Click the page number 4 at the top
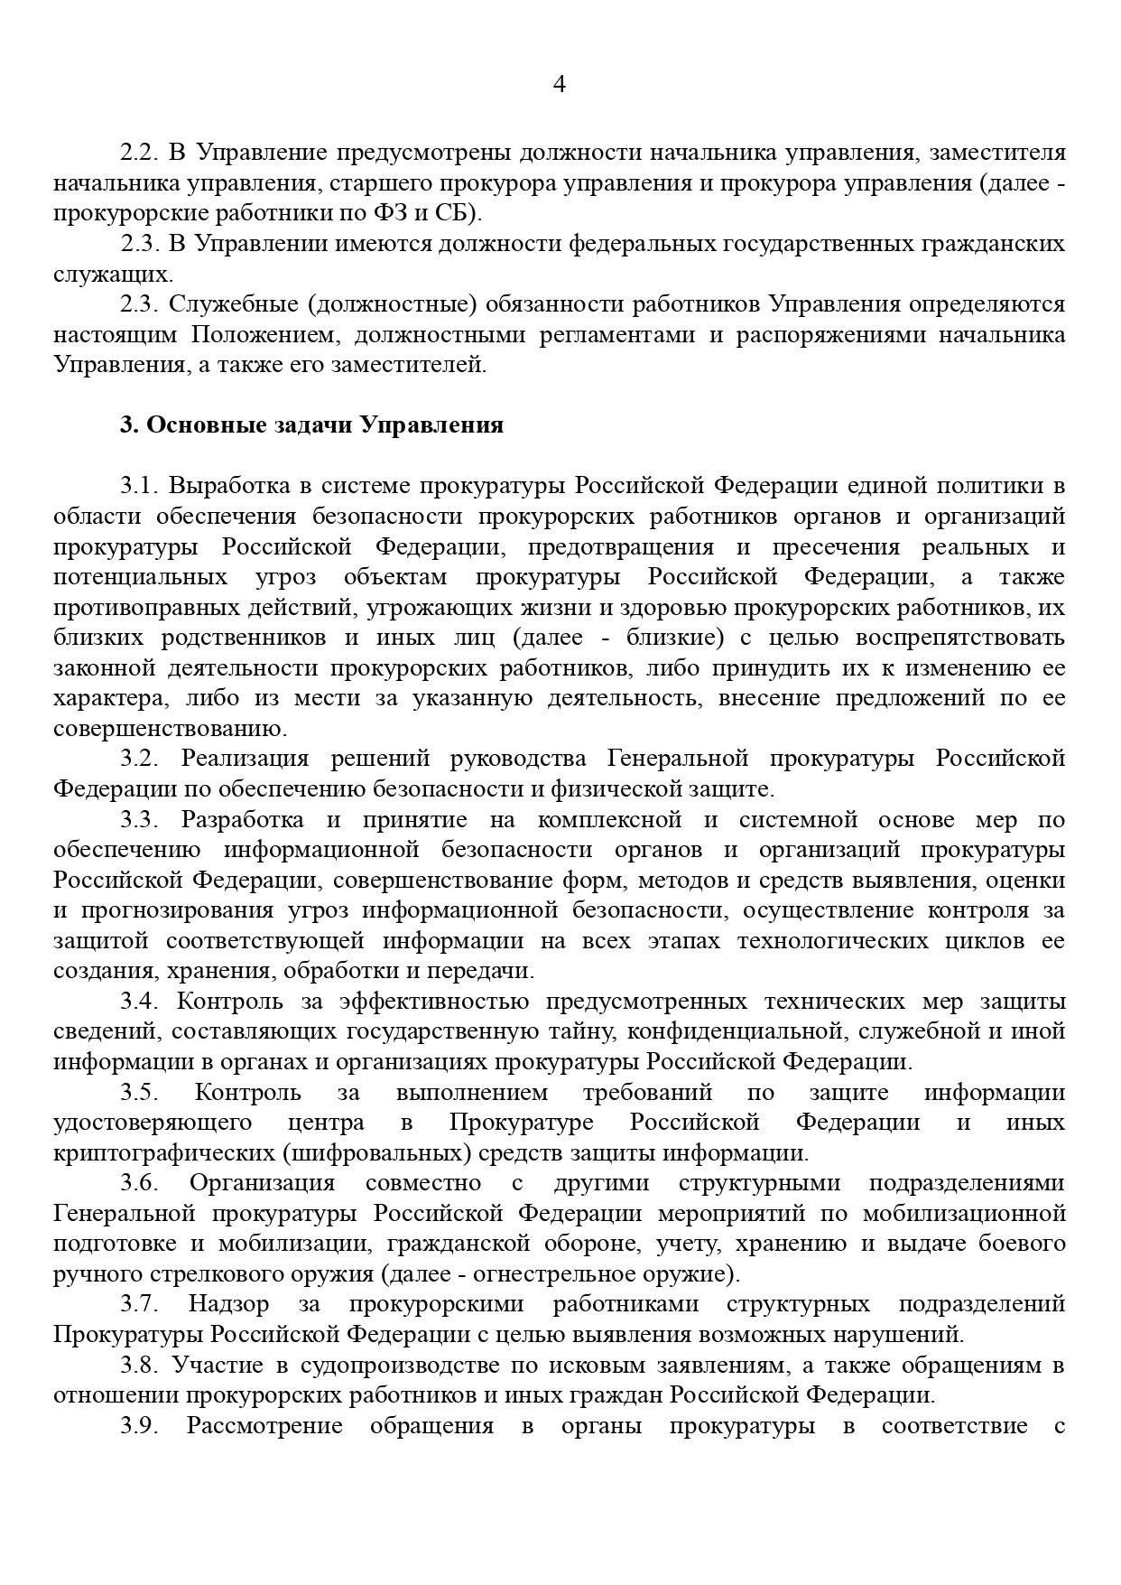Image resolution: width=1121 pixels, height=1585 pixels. [x=560, y=85]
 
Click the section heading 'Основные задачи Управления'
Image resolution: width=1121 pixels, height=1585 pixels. [x=311, y=425]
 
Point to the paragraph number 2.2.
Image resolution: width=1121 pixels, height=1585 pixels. [x=140, y=153]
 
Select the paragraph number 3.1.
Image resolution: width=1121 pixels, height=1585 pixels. [x=140, y=486]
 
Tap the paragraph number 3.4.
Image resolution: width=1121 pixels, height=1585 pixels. [x=140, y=1002]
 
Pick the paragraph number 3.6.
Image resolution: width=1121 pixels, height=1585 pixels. [x=140, y=1183]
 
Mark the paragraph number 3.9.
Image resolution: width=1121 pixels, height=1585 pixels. [x=140, y=1426]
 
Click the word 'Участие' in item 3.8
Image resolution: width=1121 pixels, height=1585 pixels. [x=208, y=1366]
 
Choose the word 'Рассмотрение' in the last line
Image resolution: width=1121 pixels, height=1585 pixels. [x=264, y=1426]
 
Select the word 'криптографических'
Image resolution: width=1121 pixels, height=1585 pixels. [x=163, y=1153]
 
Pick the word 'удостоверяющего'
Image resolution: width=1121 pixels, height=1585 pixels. [x=152, y=1123]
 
